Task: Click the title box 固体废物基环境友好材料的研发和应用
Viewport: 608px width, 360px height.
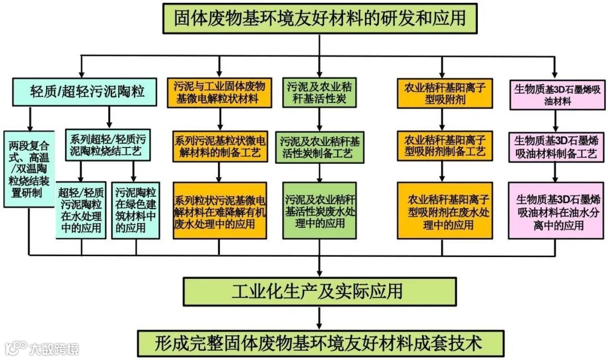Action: pyautogui.click(x=319, y=18)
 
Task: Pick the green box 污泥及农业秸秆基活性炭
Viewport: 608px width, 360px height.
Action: pyautogui.click(x=320, y=92)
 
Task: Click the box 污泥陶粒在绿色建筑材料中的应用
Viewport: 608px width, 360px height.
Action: pyautogui.click(x=135, y=209)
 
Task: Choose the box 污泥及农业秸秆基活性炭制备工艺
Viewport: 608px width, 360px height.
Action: pyautogui.click(x=320, y=146)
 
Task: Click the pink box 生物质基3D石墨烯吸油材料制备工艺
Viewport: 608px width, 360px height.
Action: pyautogui.click(x=557, y=147)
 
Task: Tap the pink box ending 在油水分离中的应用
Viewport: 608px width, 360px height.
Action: pyautogui.click(x=557, y=209)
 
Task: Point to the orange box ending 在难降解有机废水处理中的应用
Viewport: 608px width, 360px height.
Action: pyautogui.click(x=219, y=210)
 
